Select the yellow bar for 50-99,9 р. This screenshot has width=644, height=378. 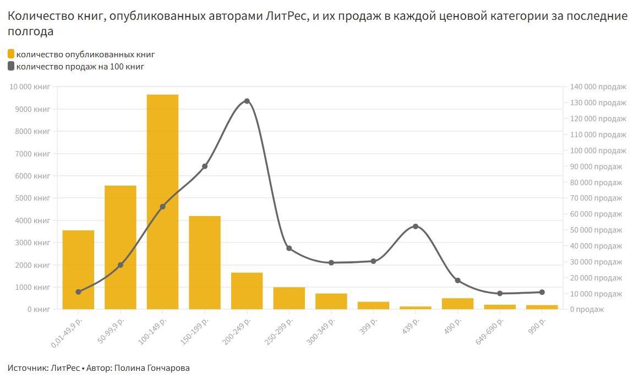point(120,247)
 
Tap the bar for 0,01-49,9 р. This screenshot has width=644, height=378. point(78,269)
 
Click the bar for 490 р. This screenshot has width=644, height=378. point(457,304)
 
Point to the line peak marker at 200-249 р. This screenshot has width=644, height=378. point(247,101)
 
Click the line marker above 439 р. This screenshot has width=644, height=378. point(416,226)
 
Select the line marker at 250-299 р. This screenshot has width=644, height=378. point(289,249)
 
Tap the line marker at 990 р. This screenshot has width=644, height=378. point(542,292)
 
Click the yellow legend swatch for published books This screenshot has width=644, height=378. point(11,55)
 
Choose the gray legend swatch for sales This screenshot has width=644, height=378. point(11,67)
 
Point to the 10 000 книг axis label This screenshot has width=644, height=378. point(30,87)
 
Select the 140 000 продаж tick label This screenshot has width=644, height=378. point(597,87)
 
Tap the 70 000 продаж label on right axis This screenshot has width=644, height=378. point(595,198)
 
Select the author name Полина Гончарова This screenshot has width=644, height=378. point(152,368)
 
